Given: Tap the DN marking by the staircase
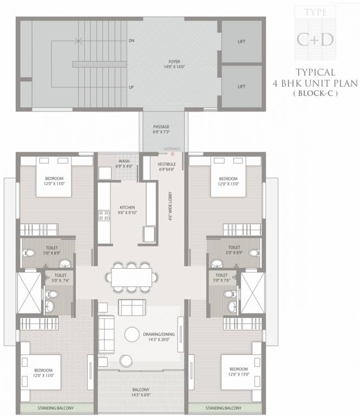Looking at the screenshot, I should tap(131, 41).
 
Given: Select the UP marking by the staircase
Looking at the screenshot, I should tap(131, 87).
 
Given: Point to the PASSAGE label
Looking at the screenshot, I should tap(162, 127).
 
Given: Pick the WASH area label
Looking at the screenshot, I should tap(124, 161).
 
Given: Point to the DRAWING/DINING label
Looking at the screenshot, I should tap(158, 335).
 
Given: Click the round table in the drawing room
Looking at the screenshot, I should tap(133, 334).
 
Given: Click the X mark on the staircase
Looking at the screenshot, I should tap(80, 41).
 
